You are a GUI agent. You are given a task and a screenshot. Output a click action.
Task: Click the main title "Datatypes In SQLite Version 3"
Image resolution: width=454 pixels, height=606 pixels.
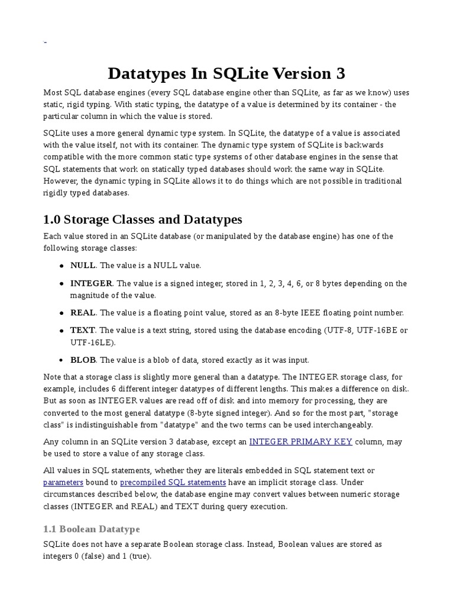(226, 74)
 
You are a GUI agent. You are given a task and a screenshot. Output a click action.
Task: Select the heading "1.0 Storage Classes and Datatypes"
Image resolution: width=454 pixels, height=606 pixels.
(142, 219)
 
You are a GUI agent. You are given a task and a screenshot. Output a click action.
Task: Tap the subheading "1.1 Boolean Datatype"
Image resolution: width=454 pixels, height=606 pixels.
(92, 528)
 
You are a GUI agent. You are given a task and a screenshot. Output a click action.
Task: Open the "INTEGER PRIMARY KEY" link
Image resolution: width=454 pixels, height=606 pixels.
(301, 441)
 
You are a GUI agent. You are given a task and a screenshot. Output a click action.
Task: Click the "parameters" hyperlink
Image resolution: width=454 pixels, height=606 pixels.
(63, 482)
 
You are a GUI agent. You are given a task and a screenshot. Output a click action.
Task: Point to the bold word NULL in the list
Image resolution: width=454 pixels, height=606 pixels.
(82, 266)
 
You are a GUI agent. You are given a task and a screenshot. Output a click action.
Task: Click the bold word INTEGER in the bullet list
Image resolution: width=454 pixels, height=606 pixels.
(91, 283)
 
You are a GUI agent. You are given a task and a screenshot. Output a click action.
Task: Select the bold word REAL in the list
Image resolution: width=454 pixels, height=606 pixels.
(83, 312)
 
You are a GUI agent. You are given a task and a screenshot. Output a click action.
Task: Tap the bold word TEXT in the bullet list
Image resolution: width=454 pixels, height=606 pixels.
(82, 330)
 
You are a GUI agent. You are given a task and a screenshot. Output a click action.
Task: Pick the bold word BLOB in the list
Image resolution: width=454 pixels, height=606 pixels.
(83, 359)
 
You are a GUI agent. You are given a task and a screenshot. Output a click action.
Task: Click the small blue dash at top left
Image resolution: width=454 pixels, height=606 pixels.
(46, 43)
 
